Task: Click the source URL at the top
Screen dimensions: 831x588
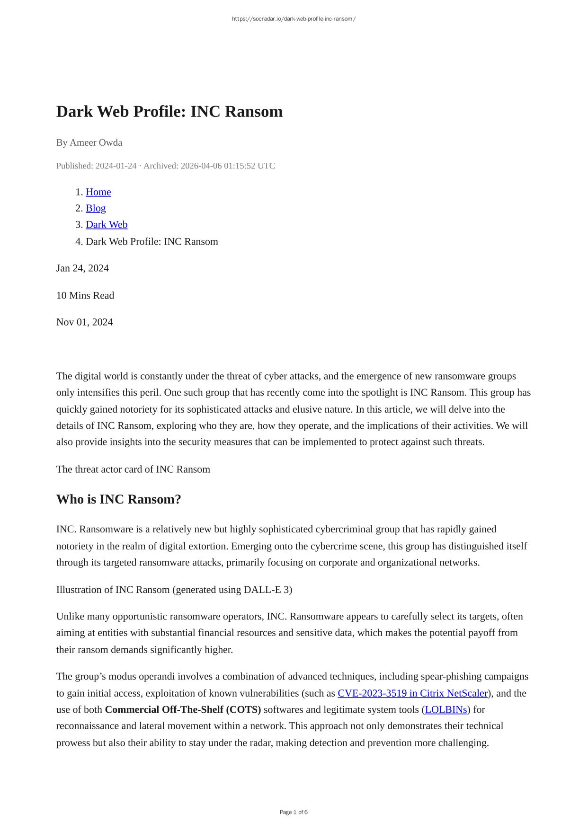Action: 294,19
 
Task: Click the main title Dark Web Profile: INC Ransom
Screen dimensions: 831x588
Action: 169,112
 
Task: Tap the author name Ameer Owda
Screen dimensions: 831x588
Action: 96,142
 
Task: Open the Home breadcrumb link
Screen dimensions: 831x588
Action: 98,192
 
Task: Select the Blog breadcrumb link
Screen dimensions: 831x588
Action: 96,208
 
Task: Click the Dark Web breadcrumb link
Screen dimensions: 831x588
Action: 107,225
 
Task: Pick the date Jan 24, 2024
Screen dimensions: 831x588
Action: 82,268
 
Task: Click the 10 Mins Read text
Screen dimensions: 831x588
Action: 85,295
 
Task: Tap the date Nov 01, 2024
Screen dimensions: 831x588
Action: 84,322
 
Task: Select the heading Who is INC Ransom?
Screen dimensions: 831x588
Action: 118,499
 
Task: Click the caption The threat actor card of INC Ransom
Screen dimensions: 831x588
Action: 133,469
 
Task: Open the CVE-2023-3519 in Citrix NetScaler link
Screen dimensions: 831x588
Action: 412,693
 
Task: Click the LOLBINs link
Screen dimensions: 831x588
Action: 446,710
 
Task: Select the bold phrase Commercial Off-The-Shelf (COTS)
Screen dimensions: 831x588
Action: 183,710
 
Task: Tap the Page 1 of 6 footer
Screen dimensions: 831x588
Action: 294,812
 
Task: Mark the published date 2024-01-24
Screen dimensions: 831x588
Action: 116,166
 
